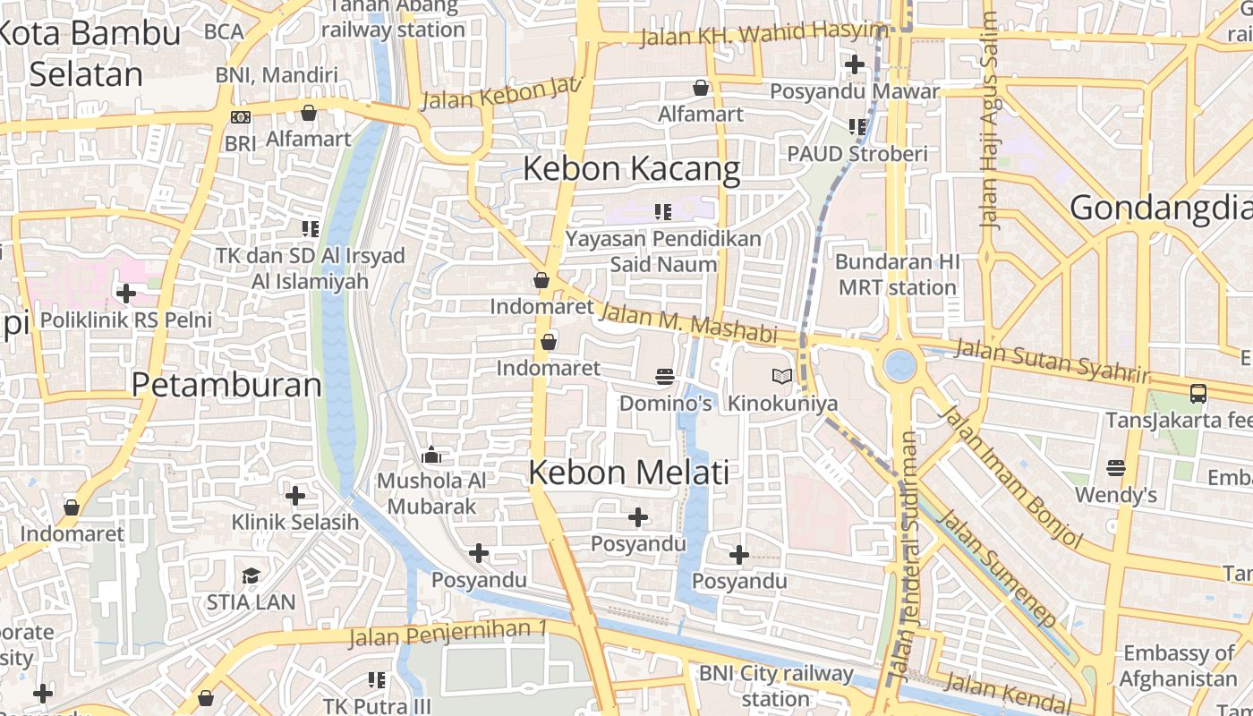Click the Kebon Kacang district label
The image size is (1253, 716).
coord(631,168)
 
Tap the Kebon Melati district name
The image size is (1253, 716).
coord(628,473)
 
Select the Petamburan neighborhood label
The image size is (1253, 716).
coord(226,385)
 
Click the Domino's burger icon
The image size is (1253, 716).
coord(664,377)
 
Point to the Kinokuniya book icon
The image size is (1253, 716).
coord(782,377)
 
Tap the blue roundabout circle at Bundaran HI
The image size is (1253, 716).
coord(899,364)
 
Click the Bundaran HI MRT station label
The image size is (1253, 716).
coord(897,275)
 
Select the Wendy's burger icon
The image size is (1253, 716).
coord(1115,468)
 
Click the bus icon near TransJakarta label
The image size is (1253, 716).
coord(1198,393)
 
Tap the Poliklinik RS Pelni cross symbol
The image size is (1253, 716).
coord(126,293)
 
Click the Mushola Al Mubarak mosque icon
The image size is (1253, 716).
coord(431,456)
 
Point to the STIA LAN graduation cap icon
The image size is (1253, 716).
coord(251,575)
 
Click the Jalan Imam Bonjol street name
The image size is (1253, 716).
coord(1012,477)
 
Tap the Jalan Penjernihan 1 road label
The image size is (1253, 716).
coord(447,633)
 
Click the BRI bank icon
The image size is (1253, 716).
coord(240,117)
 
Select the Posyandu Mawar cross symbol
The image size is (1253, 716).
coord(855,64)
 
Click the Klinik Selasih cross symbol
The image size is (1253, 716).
coord(295,495)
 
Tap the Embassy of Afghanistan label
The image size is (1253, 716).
coord(1178,665)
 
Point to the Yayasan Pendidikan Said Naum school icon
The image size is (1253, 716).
coord(662,212)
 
